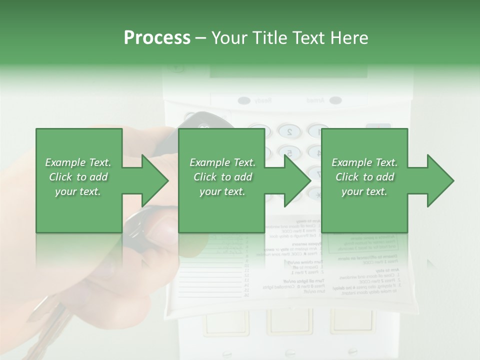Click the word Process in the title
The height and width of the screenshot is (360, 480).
(x=157, y=38)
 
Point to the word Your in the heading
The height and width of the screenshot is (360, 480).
(x=228, y=38)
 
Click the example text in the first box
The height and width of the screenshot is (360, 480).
(x=78, y=176)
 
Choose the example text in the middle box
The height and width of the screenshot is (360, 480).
(x=222, y=176)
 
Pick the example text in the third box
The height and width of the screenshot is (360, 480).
(x=364, y=176)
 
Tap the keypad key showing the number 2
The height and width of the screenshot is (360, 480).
(x=288, y=132)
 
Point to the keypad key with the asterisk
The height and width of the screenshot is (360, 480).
(x=315, y=193)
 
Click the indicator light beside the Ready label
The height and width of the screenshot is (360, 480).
(x=244, y=100)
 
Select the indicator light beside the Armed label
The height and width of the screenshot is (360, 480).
(x=335, y=100)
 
